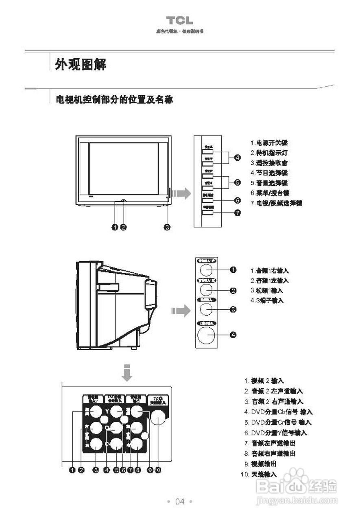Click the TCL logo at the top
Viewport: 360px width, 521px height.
coord(179,21)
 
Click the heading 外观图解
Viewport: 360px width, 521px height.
coord(81,64)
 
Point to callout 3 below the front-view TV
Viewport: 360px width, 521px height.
coord(167,227)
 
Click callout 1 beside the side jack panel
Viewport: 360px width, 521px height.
coord(233,269)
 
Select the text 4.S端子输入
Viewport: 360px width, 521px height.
coord(267,300)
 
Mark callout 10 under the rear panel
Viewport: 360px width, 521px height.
coord(158,470)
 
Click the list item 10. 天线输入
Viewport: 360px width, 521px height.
coord(259,474)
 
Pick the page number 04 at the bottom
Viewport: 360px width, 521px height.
coord(179,501)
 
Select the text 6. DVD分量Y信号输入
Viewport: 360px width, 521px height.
coord(275,433)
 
